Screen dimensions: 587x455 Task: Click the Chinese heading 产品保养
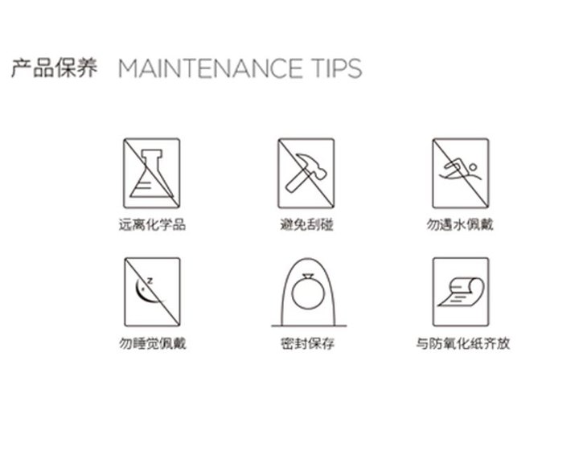tap(55, 68)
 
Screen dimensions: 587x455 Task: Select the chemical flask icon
tap(152, 174)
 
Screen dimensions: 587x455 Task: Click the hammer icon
tap(306, 173)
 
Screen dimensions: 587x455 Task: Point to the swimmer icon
tap(461, 170)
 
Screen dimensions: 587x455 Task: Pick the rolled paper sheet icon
tap(461, 293)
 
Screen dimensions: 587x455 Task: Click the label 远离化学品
tap(152, 224)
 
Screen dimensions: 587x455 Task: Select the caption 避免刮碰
tap(306, 224)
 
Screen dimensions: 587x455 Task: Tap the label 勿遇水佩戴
tap(460, 224)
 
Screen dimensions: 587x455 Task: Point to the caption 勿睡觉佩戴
tap(152, 343)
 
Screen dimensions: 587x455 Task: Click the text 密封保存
tap(307, 343)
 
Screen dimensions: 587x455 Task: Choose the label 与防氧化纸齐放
tap(463, 343)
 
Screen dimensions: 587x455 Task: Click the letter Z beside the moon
tap(150, 281)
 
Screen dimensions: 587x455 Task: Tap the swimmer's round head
tap(473, 167)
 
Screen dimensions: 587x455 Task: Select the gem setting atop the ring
tap(308, 277)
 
